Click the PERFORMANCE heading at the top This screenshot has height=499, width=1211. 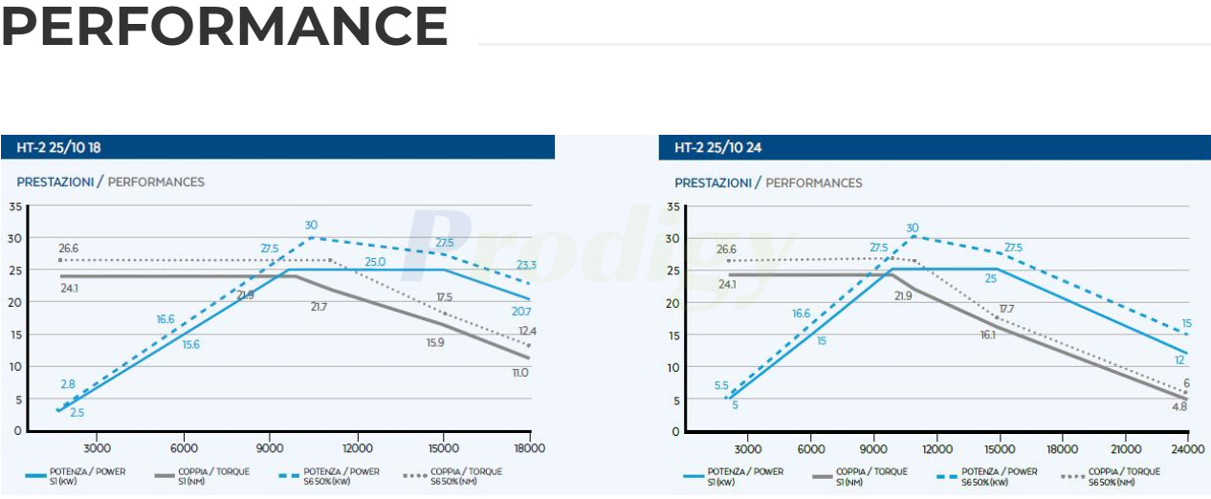(224, 27)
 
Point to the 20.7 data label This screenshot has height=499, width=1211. (520, 312)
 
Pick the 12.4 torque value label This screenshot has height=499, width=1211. (528, 331)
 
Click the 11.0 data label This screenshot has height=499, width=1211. (519, 372)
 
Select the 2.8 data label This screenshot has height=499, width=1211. (68, 383)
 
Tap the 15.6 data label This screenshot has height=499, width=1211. (190, 344)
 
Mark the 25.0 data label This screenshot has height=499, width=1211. (375, 262)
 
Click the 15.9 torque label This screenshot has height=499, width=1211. (435, 341)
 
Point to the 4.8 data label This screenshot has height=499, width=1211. (1179, 405)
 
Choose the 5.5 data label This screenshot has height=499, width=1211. (721, 385)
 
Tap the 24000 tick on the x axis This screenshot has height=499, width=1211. (1187, 449)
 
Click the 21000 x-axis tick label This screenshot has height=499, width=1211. (1125, 449)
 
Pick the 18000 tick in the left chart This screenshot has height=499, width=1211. (529, 448)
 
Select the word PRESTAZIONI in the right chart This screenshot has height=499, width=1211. (713, 183)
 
